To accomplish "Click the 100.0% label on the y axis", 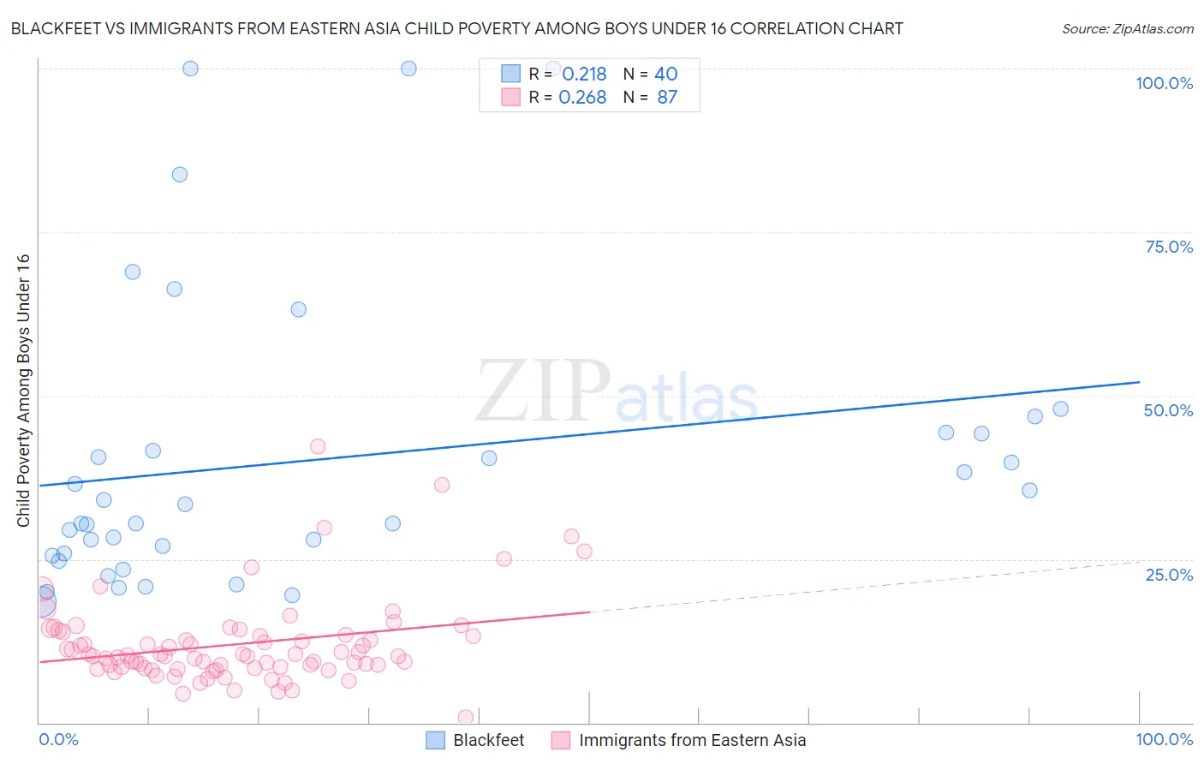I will (x=1164, y=83).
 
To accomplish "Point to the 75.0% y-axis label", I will (x=1169, y=247).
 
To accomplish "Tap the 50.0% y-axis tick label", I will (x=1168, y=410).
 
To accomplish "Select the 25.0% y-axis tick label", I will (x=1169, y=575).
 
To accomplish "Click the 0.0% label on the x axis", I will (x=58, y=739).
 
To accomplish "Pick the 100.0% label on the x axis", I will (x=1164, y=739).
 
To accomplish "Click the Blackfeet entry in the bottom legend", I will (x=488, y=740).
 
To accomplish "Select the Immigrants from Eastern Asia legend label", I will (x=692, y=740).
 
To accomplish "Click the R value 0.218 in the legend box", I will (x=584, y=75).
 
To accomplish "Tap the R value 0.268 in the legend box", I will (x=582, y=98).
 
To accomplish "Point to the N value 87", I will (x=667, y=98).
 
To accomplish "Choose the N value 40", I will (x=665, y=75).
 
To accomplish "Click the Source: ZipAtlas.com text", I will (x=1127, y=29).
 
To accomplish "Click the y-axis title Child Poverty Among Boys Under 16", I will (x=24, y=391).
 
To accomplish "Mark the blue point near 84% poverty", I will (x=180, y=175).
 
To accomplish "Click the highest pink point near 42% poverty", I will (x=318, y=446).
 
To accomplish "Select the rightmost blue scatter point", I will (x=1061, y=409).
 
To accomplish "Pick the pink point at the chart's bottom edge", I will (x=466, y=717).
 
